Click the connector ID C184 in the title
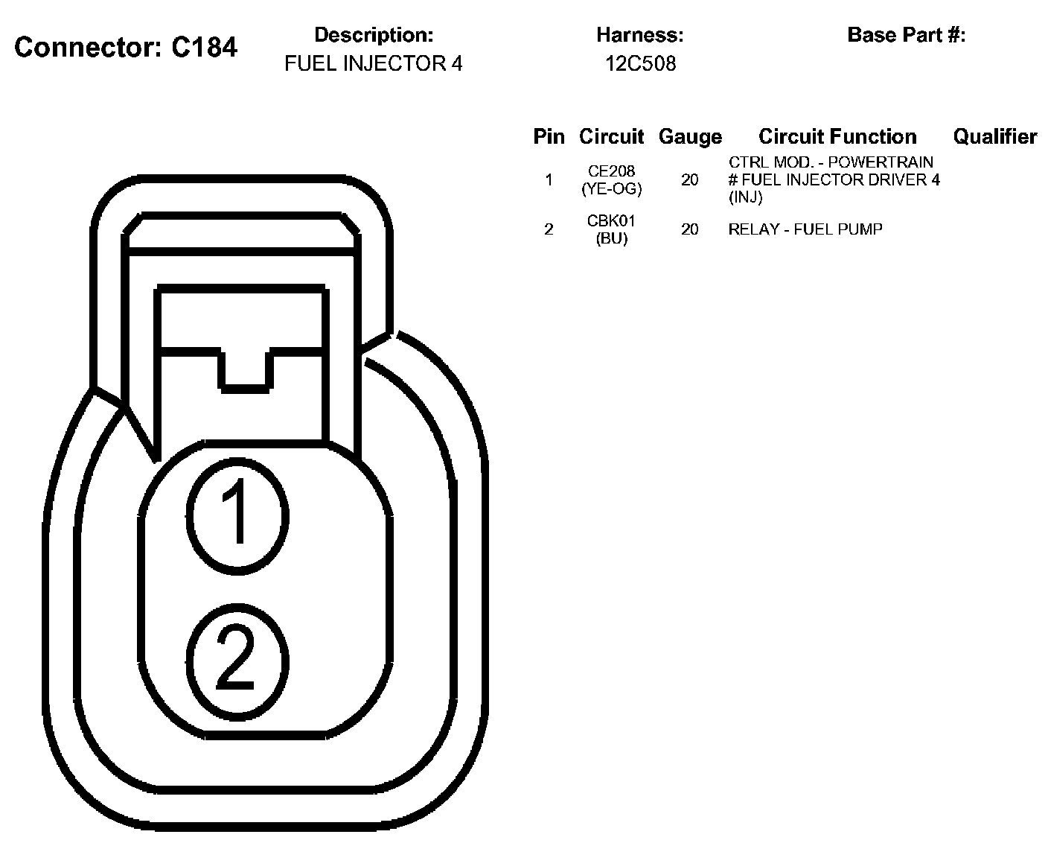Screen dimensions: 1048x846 [204, 48]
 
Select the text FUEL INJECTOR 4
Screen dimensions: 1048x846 [373, 64]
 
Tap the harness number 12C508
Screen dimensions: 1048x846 [640, 64]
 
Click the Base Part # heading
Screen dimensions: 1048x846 [906, 35]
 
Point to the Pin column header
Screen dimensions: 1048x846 [549, 137]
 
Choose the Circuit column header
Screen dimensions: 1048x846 [611, 137]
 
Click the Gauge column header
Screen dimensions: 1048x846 [690, 137]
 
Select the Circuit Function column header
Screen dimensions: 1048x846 [837, 137]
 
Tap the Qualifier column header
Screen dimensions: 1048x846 [994, 137]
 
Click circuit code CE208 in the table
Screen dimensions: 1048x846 [611, 172]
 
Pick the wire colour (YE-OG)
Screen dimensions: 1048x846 [611, 189]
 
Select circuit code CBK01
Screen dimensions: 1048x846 [611, 221]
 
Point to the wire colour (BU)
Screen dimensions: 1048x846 [611, 239]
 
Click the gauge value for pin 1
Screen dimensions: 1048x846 [690, 180]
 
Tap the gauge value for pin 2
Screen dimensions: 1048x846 [690, 229]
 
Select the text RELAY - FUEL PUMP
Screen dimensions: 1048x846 [805, 229]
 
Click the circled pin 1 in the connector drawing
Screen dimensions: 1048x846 [237, 514]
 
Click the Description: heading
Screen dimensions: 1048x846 [373, 35]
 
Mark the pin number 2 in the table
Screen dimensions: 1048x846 [549, 229]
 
